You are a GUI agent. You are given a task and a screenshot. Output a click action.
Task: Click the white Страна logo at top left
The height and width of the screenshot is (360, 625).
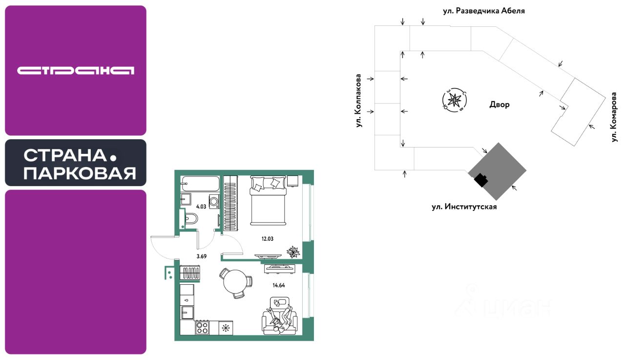point(76,71)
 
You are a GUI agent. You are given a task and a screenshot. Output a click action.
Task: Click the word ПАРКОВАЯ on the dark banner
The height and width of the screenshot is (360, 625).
point(80,173)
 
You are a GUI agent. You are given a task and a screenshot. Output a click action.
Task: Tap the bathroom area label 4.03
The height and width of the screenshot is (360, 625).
point(201,207)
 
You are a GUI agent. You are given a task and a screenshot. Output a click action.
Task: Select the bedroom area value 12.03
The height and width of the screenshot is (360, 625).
point(268,238)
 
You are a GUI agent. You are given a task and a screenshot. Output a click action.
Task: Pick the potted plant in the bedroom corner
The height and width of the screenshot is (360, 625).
point(293,252)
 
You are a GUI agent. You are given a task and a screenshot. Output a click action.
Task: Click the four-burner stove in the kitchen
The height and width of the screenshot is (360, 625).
point(202,327)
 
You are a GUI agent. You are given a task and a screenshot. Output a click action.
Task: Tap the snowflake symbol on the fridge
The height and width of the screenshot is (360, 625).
point(225,327)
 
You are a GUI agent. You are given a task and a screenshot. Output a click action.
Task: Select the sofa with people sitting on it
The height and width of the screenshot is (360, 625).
point(279,318)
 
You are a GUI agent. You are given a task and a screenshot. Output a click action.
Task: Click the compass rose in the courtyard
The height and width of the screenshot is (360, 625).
point(455,100)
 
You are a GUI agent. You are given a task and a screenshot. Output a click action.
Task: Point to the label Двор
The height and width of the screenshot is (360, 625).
point(499,105)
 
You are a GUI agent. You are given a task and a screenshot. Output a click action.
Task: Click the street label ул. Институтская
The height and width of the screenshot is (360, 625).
point(464,207)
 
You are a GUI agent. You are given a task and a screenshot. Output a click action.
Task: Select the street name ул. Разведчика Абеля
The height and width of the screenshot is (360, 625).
point(483,10)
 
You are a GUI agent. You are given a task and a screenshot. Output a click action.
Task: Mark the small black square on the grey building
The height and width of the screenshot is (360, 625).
point(481,180)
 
